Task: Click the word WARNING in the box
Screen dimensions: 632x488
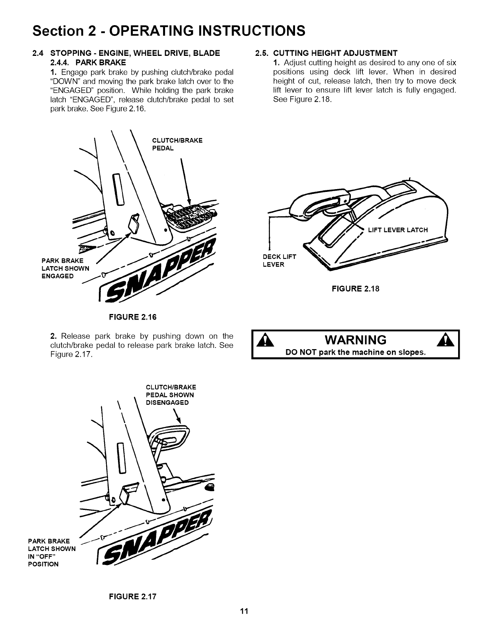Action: coord(356,340)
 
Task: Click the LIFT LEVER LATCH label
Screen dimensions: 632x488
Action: coord(397,230)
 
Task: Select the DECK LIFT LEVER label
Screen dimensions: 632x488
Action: coord(279,261)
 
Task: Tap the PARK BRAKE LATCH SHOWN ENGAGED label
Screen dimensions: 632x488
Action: coord(66,269)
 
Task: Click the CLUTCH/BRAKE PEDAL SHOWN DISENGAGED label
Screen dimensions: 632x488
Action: coord(171,395)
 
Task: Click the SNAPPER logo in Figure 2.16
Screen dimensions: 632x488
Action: coord(159,275)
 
